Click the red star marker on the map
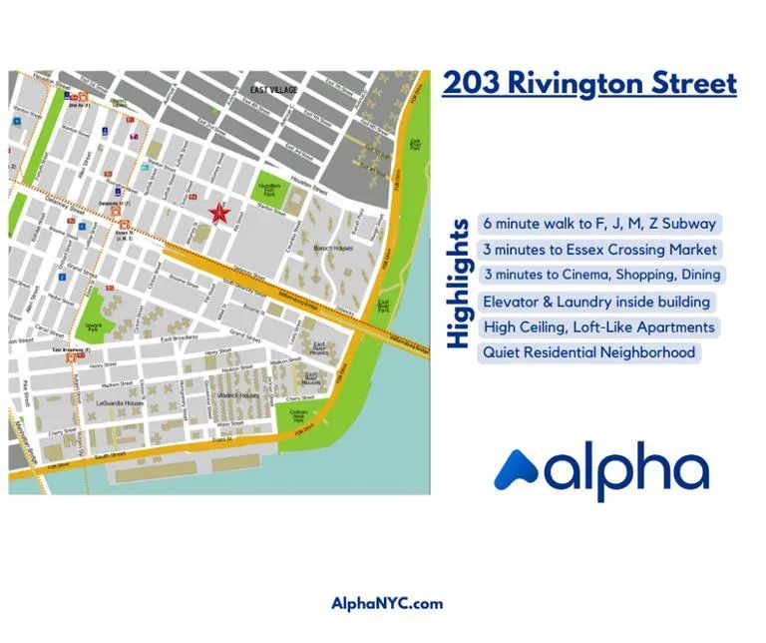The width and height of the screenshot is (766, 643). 219,213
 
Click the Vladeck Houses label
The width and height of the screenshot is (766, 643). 239,395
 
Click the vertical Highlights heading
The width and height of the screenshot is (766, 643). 459,284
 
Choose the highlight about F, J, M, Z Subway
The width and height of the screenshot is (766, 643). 599,224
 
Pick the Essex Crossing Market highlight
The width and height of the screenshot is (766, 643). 599,250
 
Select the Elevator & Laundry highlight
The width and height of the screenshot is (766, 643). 596,302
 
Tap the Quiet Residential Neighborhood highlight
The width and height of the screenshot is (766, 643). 587,352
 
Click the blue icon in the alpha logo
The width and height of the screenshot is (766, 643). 518,469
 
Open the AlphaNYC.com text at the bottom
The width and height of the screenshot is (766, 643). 387,603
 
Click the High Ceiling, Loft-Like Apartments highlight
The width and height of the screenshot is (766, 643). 597,326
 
